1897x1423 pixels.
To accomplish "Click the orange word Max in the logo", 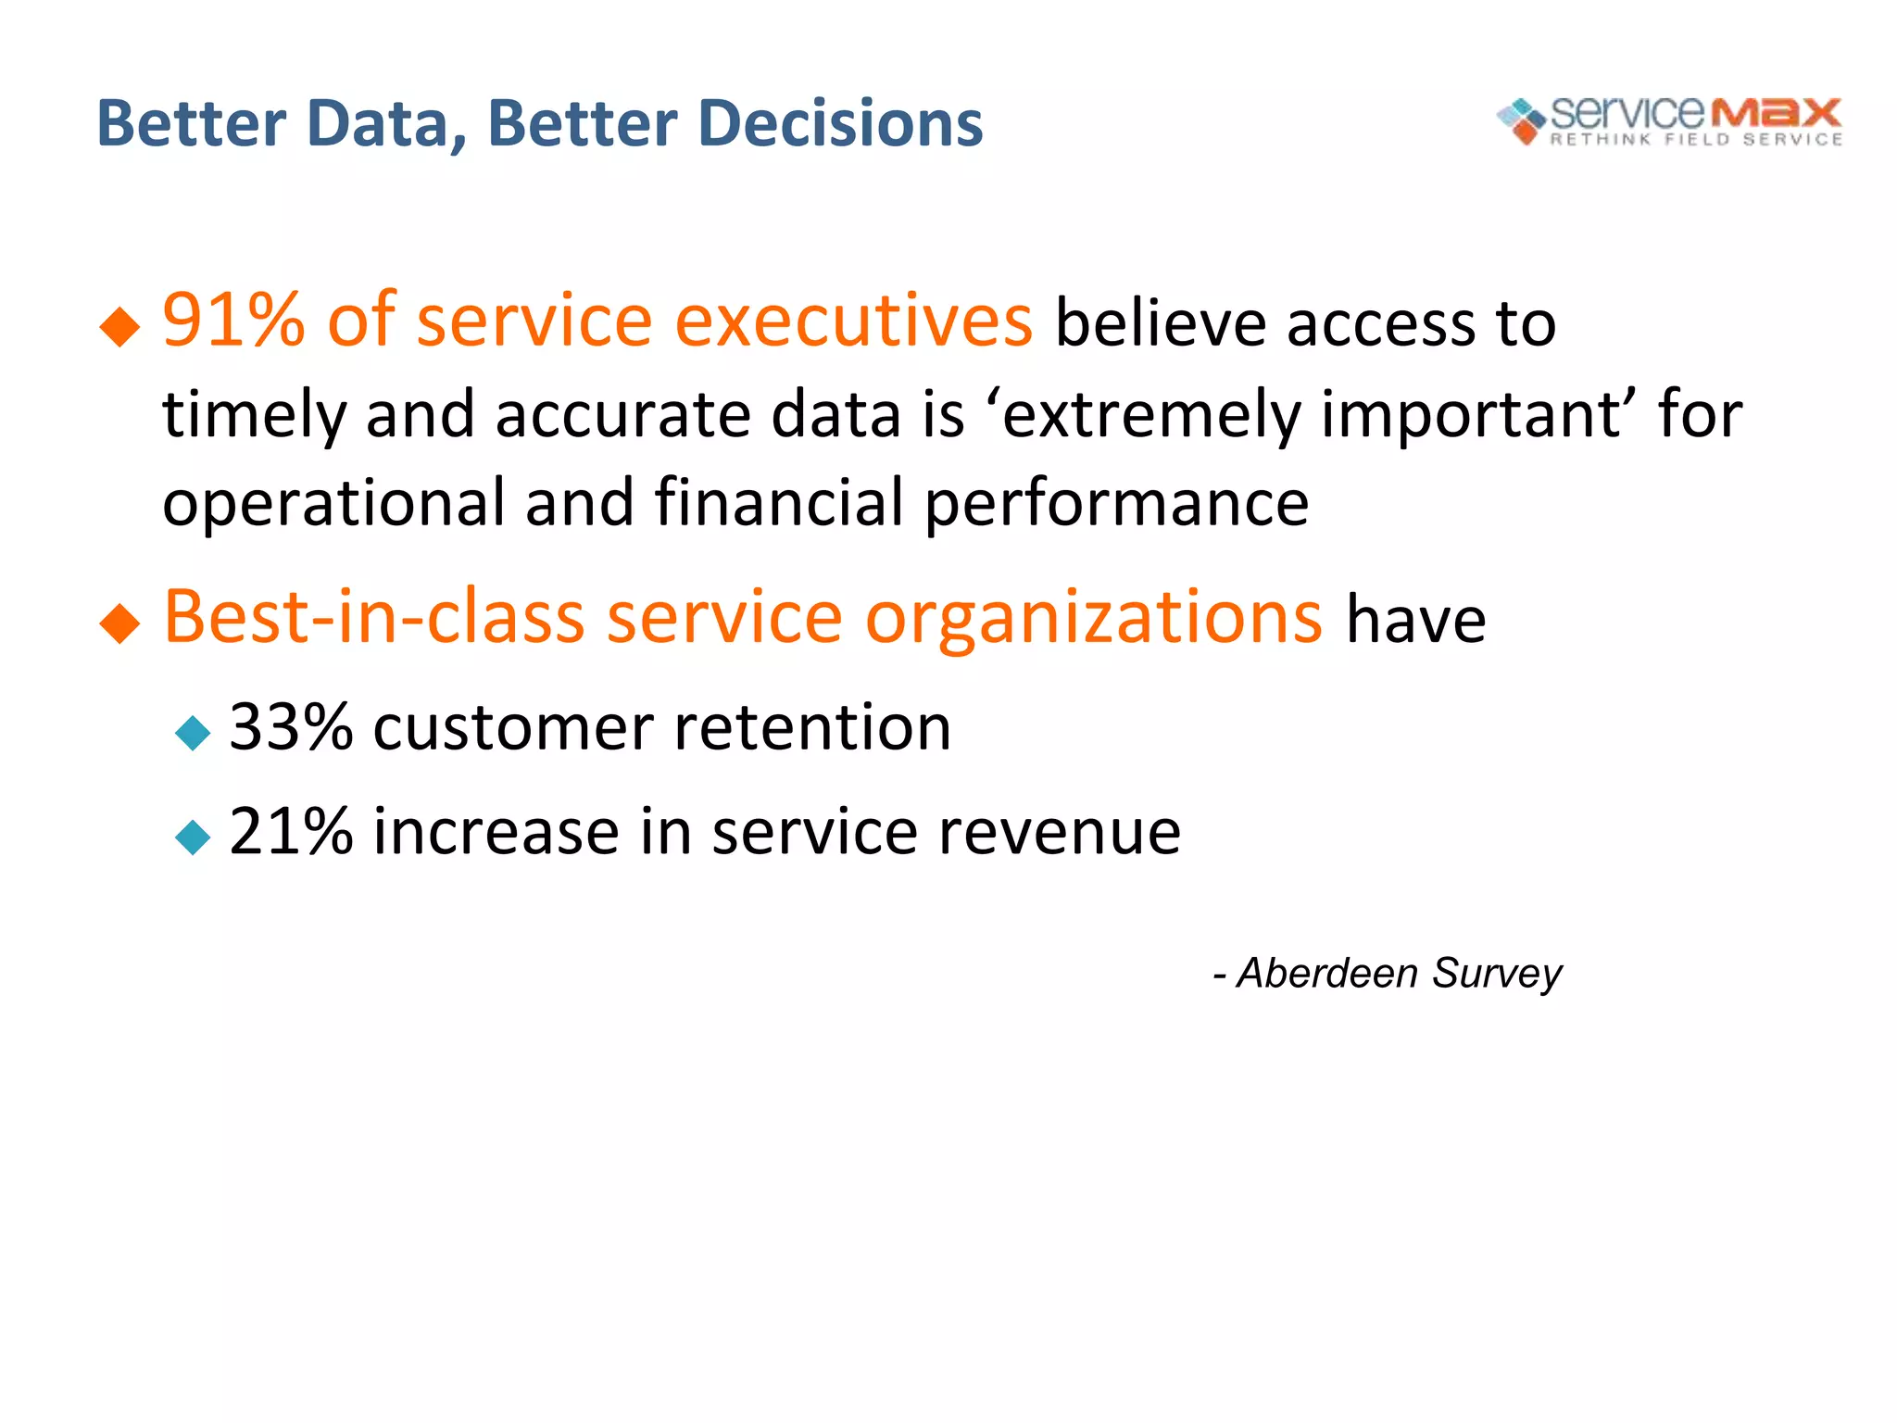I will point(1775,114).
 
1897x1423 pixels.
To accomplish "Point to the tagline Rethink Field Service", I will point(1696,140).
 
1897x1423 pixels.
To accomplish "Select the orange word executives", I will point(853,321).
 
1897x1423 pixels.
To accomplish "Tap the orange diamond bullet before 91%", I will point(119,327).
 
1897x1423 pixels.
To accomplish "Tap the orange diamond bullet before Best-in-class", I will point(119,623).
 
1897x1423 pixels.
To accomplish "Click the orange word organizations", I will point(1094,618).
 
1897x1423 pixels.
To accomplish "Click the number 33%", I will point(291,727).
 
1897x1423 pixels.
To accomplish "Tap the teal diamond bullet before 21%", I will point(193,837).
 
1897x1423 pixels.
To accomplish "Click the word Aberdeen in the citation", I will point(1327,974).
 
